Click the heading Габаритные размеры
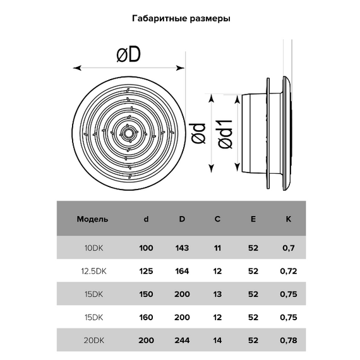pyautogui.click(x=180, y=18)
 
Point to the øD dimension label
pyautogui.click(x=128, y=56)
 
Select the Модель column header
pyautogui.click(x=92, y=220)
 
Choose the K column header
pyautogui.click(x=287, y=220)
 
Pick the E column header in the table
pyautogui.click(x=253, y=220)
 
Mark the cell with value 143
pyautogui.click(x=182, y=248)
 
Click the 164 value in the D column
pyautogui.click(x=182, y=271)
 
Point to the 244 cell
pyautogui.click(x=182, y=340)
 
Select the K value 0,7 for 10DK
pyautogui.click(x=287, y=248)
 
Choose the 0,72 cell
pyautogui.click(x=287, y=271)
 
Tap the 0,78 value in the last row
pyautogui.click(x=287, y=340)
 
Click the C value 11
pyautogui.click(x=217, y=248)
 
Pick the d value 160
pyautogui.click(x=146, y=317)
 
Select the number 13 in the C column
pyautogui.click(x=217, y=294)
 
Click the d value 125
pyautogui.click(x=146, y=271)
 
